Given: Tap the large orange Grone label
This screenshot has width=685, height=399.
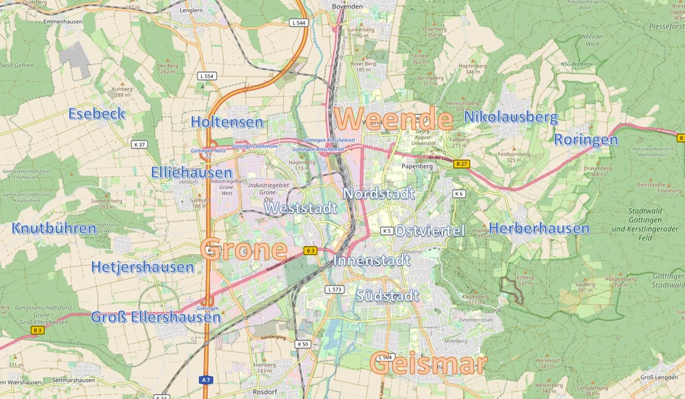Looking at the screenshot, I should point(244,250).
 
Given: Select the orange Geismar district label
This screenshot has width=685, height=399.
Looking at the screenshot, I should point(428,364).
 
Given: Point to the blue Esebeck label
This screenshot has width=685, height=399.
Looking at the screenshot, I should point(97,114).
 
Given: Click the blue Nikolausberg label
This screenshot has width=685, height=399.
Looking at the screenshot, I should point(511,118).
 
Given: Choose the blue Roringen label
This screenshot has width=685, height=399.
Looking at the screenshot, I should point(586,139).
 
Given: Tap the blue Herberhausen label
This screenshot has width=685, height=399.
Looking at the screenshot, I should point(539,228).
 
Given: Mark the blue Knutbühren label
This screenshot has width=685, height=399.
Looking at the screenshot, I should point(54,228).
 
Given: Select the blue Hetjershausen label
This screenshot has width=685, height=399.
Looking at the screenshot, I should point(143,267).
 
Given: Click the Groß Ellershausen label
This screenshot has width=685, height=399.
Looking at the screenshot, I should point(156,317).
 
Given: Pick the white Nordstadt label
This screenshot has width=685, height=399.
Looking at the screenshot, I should point(379,194).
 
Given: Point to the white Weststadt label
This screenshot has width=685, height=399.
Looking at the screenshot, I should point(301,208).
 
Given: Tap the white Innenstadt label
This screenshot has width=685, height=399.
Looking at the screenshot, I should point(371,261).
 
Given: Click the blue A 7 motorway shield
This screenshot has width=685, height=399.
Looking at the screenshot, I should point(206,380).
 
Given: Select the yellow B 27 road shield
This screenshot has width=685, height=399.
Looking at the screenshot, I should point(462,164).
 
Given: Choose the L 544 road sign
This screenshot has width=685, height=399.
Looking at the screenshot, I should point(299,23).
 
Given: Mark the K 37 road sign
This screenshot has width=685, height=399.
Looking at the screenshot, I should point(139,145).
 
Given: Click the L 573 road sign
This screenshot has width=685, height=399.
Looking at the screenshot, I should point(335,290).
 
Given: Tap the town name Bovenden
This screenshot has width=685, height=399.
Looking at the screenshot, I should point(348,6).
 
